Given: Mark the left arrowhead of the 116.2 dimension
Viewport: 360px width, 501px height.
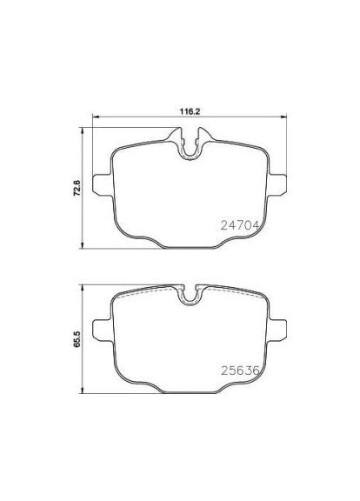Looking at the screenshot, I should click(x=95, y=119).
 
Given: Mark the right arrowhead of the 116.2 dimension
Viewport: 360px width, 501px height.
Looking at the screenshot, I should click(x=285, y=119).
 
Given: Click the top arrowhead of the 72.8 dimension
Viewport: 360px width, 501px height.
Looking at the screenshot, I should click(x=83, y=131).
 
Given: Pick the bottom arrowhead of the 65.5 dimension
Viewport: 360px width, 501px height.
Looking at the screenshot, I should click(x=83, y=392).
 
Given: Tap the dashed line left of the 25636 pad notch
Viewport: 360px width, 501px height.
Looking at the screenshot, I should click(x=148, y=293).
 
